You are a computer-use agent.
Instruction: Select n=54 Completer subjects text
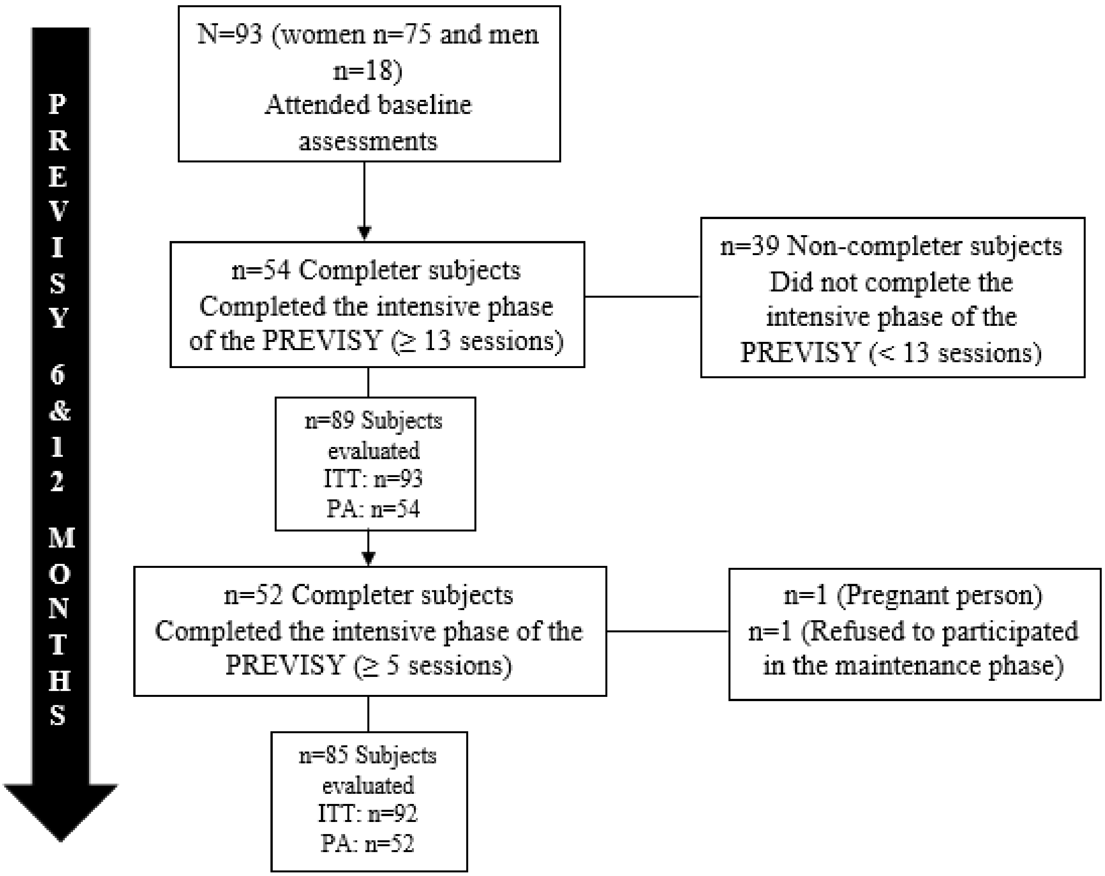(376, 270)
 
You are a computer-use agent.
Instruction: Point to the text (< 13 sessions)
(955, 353)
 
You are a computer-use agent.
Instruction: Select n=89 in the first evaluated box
(330, 421)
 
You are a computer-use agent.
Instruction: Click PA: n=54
(373, 509)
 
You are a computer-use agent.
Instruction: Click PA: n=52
(367, 843)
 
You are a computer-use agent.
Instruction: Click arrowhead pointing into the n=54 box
(364, 233)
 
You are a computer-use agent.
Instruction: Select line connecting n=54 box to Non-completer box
(642, 296)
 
